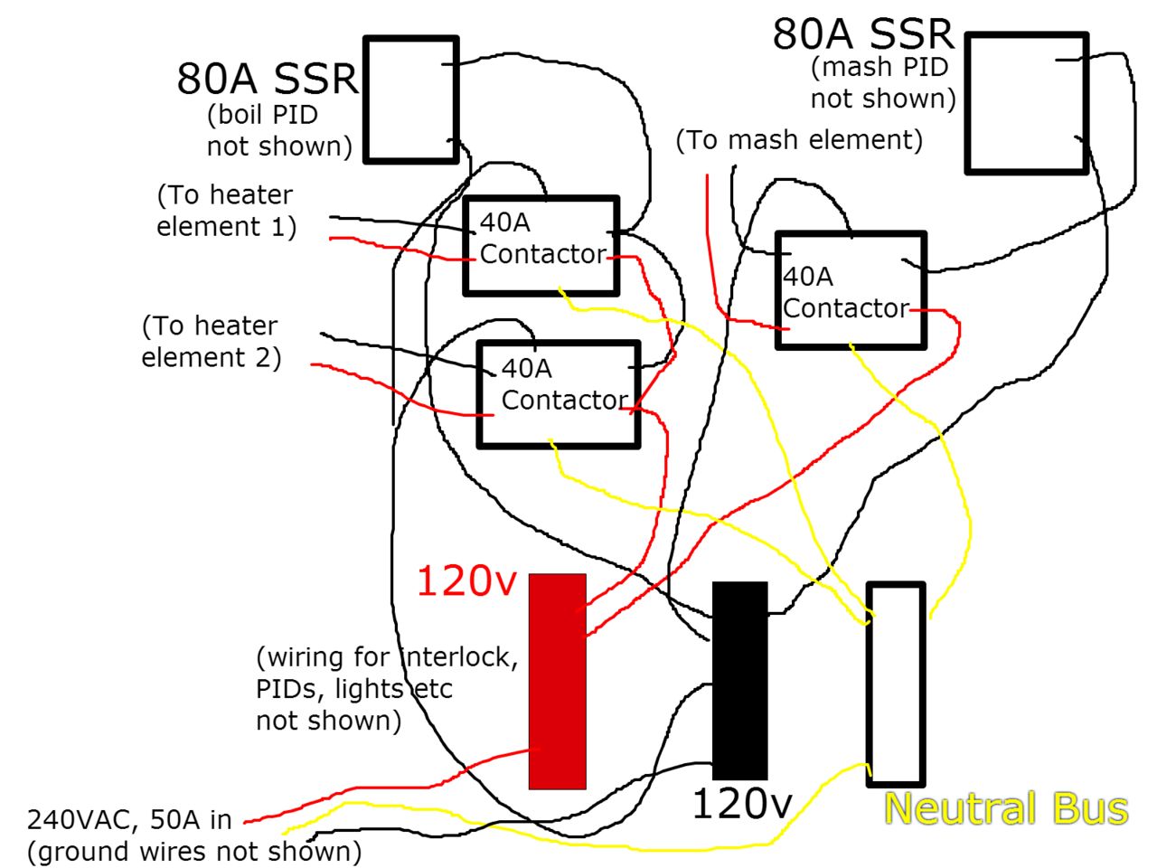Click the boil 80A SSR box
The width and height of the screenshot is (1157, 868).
[x=411, y=99]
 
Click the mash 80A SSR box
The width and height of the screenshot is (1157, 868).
[x=1027, y=102]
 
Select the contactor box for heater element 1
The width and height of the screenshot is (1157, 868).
[x=541, y=245]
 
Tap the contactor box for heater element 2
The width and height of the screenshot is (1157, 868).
[x=559, y=394]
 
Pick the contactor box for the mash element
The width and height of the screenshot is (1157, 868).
[x=851, y=290]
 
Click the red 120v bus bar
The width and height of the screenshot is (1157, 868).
[x=557, y=681]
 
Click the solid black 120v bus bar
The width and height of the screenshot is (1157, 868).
[x=740, y=680]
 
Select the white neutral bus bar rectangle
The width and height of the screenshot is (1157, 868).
[x=896, y=684]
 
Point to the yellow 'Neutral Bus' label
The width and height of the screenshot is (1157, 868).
[x=1005, y=808]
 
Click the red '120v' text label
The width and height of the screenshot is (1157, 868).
[x=466, y=580]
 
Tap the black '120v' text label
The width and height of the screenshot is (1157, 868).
[x=742, y=804]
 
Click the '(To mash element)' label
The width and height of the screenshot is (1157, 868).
[x=799, y=140]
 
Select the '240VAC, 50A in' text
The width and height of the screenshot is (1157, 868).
[x=129, y=820]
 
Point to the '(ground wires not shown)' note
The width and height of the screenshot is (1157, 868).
[x=194, y=852]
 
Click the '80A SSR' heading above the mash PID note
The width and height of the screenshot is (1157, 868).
[x=863, y=34]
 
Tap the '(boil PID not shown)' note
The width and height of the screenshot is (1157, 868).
[x=278, y=131]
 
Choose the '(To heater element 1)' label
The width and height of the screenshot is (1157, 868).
[x=226, y=211]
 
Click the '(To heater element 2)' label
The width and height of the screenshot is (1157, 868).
[x=211, y=341]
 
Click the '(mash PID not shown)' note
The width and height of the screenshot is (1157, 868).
[x=882, y=82]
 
